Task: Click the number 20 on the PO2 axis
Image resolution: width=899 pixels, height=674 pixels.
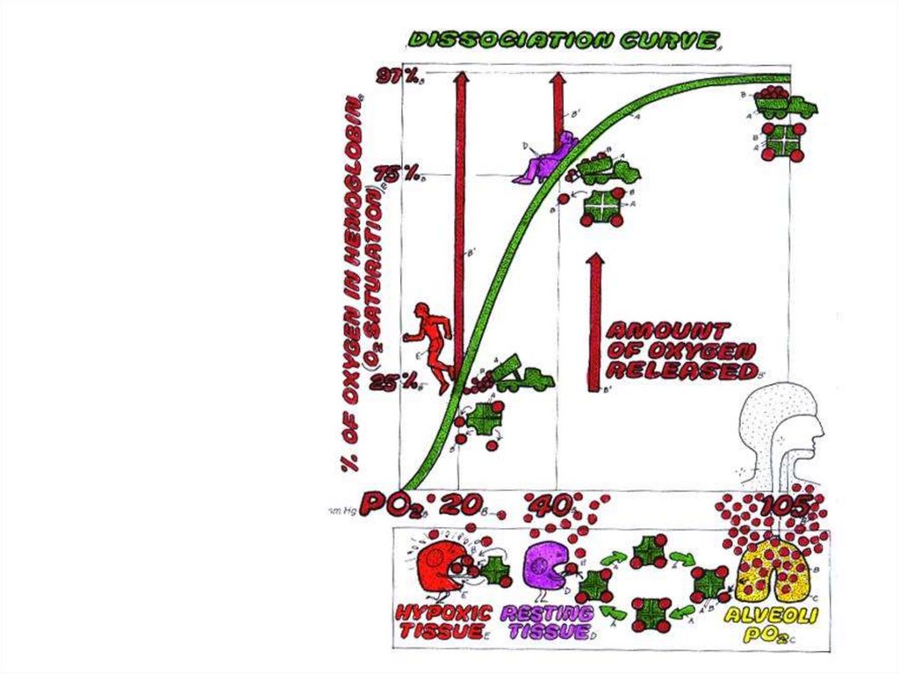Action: pos(460,507)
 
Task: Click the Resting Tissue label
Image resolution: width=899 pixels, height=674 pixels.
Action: pos(546,620)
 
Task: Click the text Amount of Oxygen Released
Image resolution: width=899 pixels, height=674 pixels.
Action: pos(680,351)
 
